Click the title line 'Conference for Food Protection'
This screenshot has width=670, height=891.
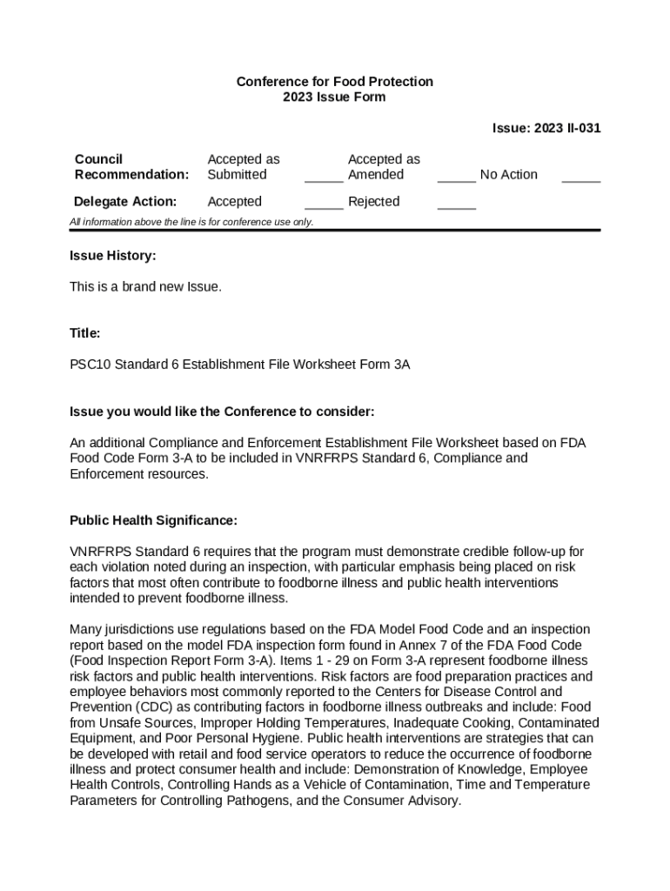pyautogui.click(x=334, y=82)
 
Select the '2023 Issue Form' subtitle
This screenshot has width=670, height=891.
pyautogui.click(x=334, y=97)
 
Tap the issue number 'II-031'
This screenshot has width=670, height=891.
pyautogui.click(x=581, y=129)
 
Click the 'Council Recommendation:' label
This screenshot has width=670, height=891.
pyautogui.click(x=131, y=167)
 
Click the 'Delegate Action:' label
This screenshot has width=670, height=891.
pyautogui.click(x=126, y=202)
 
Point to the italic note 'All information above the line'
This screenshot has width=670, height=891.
pyautogui.click(x=191, y=222)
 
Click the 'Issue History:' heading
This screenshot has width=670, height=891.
pyautogui.click(x=113, y=256)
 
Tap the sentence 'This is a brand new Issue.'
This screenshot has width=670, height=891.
pyautogui.click(x=145, y=286)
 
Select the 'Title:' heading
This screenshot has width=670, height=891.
pyautogui.click(x=85, y=333)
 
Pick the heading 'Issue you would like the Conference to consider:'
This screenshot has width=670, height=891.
pyautogui.click(x=222, y=411)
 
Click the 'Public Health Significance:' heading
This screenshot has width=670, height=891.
pyautogui.click(x=153, y=520)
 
